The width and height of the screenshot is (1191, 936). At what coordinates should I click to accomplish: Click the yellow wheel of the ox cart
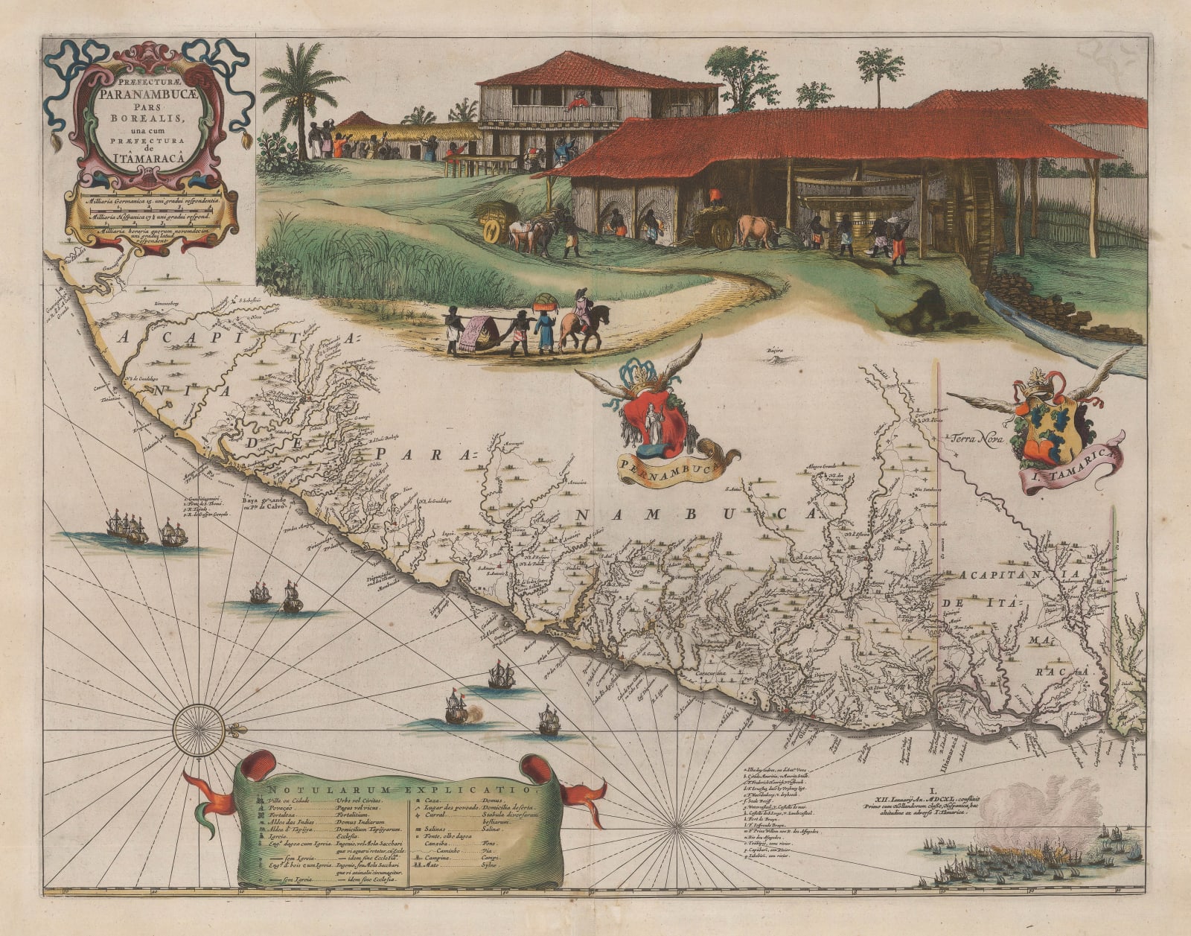click(x=492, y=232)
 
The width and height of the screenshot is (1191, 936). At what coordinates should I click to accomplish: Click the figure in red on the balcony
click(x=577, y=103)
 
